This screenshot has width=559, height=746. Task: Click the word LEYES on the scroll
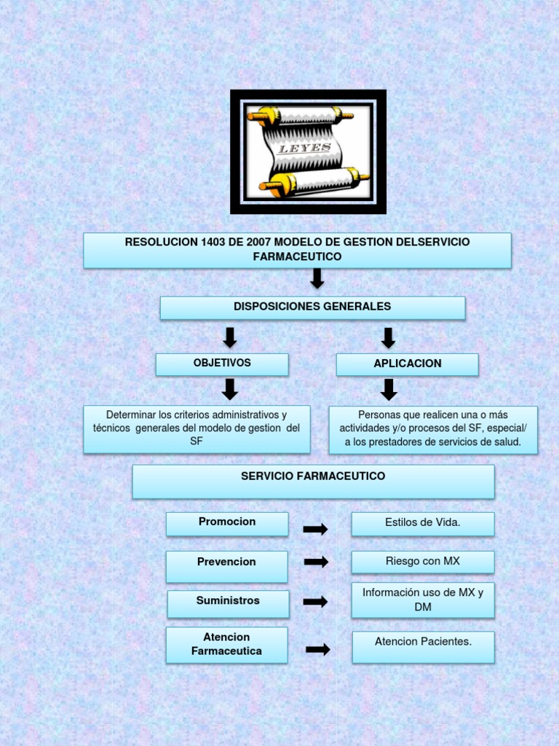[x=306, y=149]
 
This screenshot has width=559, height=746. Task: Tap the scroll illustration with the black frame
[x=308, y=152]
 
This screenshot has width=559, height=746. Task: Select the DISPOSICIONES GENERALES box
[x=312, y=307]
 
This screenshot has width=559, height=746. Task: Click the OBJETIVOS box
[x=222, y=364]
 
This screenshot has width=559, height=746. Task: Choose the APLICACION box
[x=408, y=364]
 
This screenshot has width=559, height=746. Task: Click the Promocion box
[x=227, y=522]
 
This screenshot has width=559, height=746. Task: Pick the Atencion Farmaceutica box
[x=226, y=645]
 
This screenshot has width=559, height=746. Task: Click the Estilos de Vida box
[x=423, y=523]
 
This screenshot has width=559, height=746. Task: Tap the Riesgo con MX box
[x=423, y=562]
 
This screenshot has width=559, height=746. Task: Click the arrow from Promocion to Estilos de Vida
[x=315, y=530]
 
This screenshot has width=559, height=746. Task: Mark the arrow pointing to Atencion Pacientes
[x=318, y=649]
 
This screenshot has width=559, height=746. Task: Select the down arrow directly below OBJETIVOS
[x=230, y=389]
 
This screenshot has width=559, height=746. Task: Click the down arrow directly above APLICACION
[x=389, y=337]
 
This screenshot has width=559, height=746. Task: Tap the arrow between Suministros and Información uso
[x=315, y=602]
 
